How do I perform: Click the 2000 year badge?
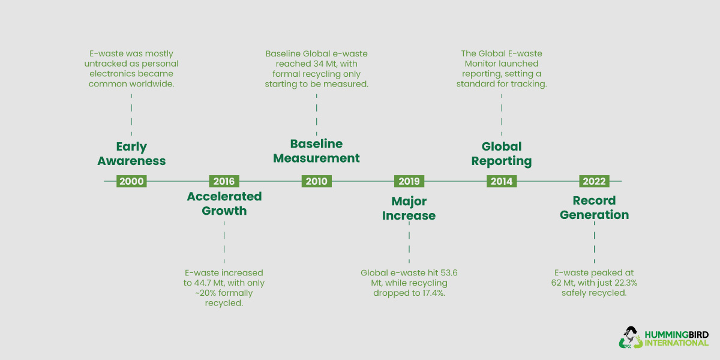coord(131,181)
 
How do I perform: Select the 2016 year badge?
coord(224,181)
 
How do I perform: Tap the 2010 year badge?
coord(316,181)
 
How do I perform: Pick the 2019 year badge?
coord(409,181)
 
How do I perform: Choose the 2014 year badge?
coord(502,181)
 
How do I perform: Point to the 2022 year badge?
coord(594,181)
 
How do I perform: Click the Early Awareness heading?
coord(131,154)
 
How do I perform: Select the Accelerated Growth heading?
coord(224,203)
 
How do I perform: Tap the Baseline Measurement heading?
coord(316,151)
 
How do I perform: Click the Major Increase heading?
coord(409,208)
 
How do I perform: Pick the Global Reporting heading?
coord(502,154)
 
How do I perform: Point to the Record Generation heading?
coord(594,208)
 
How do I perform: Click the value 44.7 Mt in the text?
coord(210,283)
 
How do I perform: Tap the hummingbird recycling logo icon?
coord(629,337)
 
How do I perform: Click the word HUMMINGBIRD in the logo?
coord(676,334)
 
